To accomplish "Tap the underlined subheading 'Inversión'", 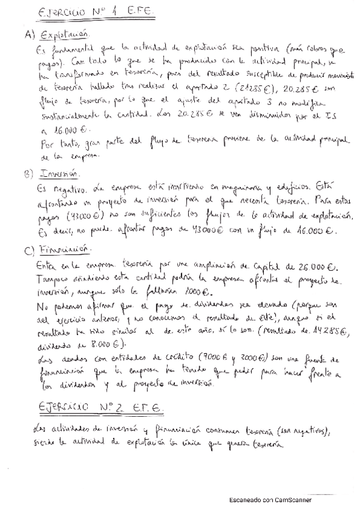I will tap(59, 173).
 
